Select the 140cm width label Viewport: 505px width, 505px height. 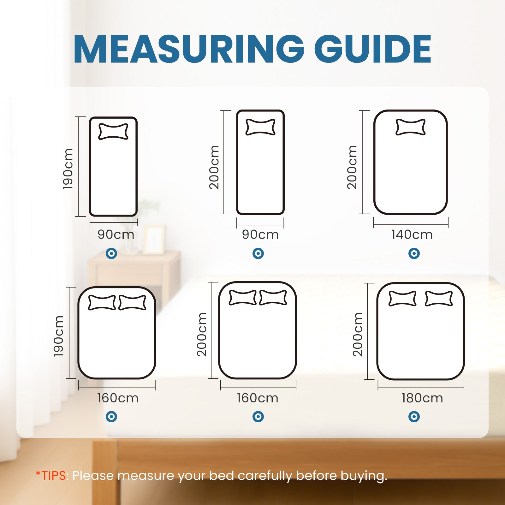pyautogui.click(x=412, y=235)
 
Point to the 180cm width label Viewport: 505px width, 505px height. pyautogui.click(x=422, y=398)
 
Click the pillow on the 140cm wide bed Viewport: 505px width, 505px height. pyautogui.click(x=410, y=127)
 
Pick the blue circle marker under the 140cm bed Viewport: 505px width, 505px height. pyautogui.click(x=414, y=253)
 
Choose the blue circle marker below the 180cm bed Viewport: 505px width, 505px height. pyautogui.click(x=414, y=417)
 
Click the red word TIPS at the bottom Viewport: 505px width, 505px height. pyautogui.click(x=54, y=475)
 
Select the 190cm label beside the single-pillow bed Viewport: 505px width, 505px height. pyautogui.click(x=68, y=169)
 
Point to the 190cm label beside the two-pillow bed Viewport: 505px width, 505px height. pyautogui.click(x=59, y=336)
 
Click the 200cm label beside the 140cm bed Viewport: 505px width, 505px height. pyautogui.click(x=352, y=167)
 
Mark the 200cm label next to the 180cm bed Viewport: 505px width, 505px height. pyautogui.click(x=358, y=335)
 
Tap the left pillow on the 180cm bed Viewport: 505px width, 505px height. pyautogui.click(x=402, y=299)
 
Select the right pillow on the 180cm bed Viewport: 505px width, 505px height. pyautogui.click(x=439, y=299)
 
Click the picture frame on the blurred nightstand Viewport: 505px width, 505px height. pyautogui.click(x=154, y=240)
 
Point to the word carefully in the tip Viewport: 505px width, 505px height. pyautogui.click(x=265, y=475)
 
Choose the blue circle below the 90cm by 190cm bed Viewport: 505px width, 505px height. pyautogui.click(x=111, y=253)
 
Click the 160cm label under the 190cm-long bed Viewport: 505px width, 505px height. pyautogui.click(x=117, y=398)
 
